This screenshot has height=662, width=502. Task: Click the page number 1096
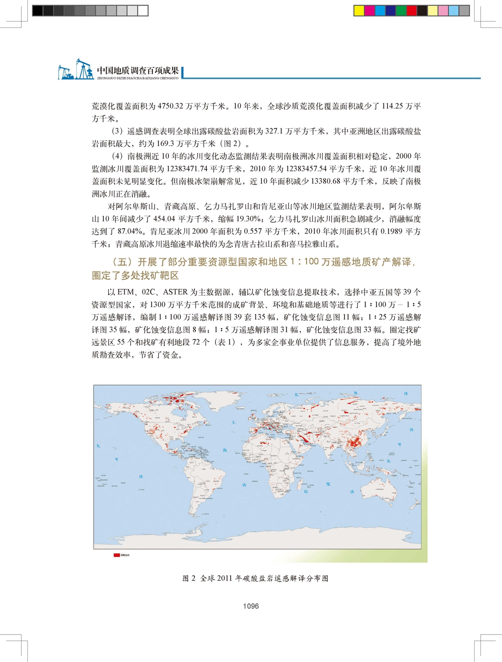(251, 606)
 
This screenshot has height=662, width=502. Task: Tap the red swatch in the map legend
(116, 555)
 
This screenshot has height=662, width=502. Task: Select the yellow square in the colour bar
(359, 11)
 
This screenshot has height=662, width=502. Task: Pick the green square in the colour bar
(401, 11)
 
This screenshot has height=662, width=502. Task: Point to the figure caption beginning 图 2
(255, 578)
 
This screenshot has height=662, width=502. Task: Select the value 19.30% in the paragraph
(248, 219)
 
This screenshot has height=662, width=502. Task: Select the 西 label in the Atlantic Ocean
(225, 450)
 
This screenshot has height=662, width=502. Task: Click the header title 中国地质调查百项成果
(137, 70)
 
